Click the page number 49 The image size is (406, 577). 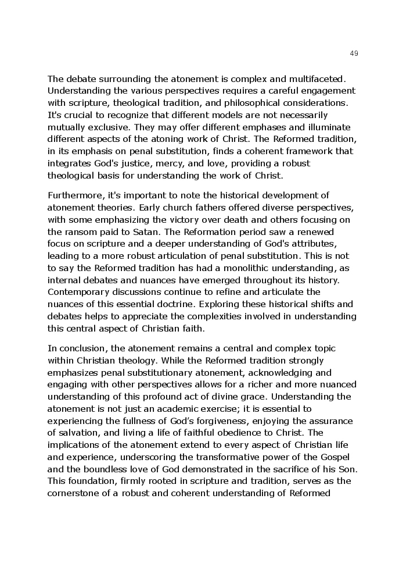click(x=354, y=54)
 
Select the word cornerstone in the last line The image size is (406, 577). click(x=74, y=494)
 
